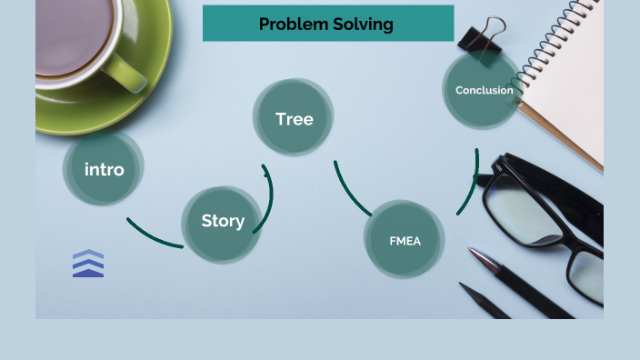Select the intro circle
[104, 169]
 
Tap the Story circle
[223, 221]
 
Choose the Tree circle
[294, 119]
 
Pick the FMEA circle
[405, 241]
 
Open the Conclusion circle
[484, 90]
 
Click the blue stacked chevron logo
[88, 263]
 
